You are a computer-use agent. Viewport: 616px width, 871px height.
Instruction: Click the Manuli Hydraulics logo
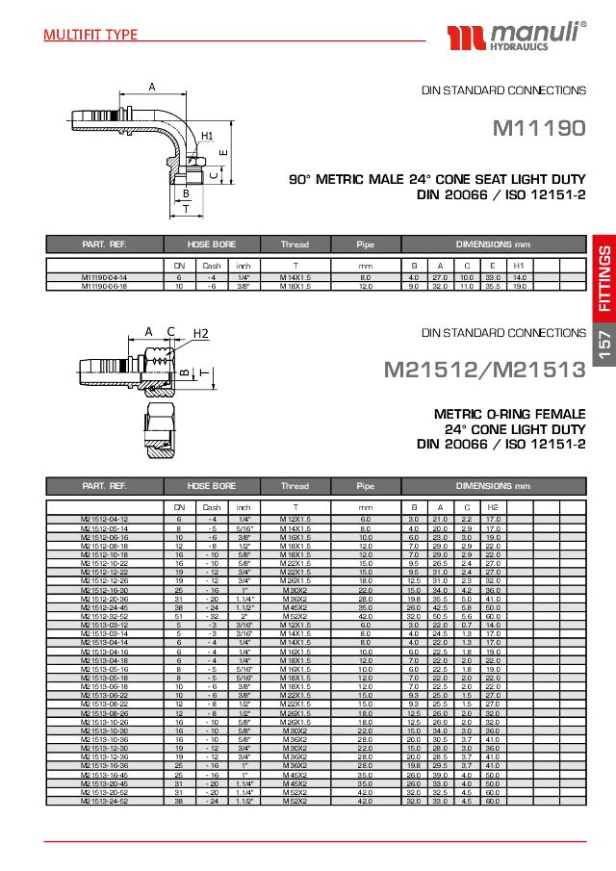[514, 39]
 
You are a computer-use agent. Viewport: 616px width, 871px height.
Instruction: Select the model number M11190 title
[539, 128]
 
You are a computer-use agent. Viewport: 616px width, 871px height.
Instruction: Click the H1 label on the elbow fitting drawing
[207, 137]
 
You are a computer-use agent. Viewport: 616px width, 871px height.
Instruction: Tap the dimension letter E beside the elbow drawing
[222, 152]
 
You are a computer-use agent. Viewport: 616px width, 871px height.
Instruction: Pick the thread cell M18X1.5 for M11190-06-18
[295, 286]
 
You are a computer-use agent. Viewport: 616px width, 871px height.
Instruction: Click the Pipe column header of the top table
[365, 244]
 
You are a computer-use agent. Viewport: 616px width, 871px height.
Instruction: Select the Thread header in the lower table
[295, 486]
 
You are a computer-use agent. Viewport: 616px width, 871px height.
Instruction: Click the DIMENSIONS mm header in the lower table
[493, 486]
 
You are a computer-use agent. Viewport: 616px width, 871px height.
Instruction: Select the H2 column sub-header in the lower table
[492, 507]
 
